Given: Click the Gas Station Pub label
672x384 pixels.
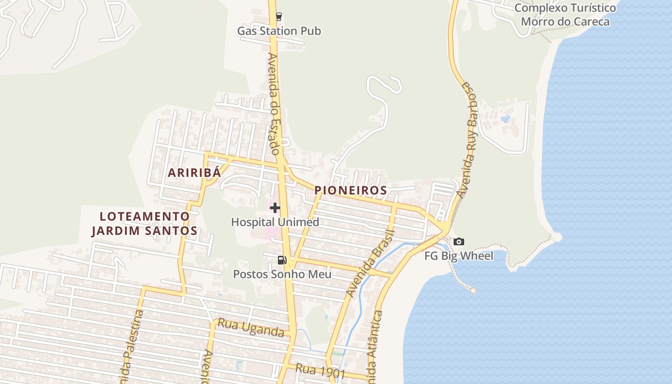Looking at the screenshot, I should tap(279, 31).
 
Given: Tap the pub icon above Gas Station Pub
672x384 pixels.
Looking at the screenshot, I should tap(278, 17).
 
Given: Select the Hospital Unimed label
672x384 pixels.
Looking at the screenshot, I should tap(275, 222).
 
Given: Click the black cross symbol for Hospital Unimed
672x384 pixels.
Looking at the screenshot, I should tap(275, 208).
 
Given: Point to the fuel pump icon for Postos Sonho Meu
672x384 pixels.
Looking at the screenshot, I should tap(282, 260).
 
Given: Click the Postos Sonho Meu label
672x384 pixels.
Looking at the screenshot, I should tap(282, 274).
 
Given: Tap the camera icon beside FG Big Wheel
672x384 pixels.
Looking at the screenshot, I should tap(459, 242).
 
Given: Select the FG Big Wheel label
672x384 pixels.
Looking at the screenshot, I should tap(458, 256).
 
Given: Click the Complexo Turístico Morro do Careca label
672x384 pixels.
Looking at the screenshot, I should tap(565, 15).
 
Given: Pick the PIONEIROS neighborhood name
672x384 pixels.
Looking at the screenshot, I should tap(350, 191).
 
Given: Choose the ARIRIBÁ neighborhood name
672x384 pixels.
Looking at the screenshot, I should tap(194, 173).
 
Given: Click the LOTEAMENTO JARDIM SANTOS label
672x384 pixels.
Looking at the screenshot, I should tap(144, 224).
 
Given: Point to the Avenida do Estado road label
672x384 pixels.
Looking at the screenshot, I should tap(274, 104).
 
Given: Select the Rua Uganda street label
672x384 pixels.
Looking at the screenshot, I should tap(251, 327).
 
